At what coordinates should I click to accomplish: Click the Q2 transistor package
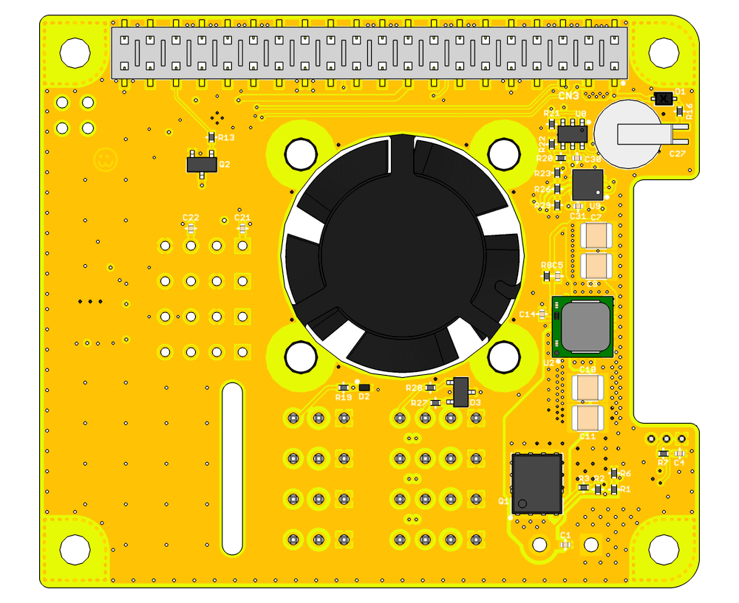click(x=202, y=162)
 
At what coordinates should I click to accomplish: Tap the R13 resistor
click(x=211, y=137)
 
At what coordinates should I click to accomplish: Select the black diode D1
click(x=663, y=97)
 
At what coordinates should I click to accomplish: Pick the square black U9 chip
click(x=588, y=184)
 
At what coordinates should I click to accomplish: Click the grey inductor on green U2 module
click(x=585, y=326)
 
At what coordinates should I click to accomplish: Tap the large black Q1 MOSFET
click(x=537, y=483)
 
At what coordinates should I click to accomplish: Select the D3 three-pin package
click(x=460, y=392)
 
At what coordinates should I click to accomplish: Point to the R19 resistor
click(x=343, y=387)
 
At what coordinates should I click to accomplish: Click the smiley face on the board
click(x=105, y=159)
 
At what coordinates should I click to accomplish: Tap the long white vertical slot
click(x=232, y=469)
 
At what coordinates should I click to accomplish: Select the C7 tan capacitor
click(x=596, y=236)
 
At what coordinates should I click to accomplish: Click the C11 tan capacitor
click(x=588, y=417)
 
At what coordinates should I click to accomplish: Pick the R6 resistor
click(x=614, y=473)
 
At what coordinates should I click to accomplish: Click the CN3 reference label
click(x=568, y=96)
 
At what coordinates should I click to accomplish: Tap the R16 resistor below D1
click(x=680, y=111)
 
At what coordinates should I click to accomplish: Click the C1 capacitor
click(x=566, y=545)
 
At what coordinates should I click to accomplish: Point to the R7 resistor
click(x=663, y=453)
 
